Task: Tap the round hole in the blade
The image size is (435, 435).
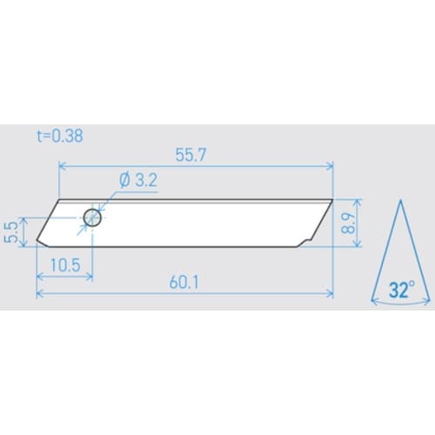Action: [92, 218]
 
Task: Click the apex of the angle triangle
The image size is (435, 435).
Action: [400, 201]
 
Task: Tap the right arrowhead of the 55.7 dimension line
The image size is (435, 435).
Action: [331, 164]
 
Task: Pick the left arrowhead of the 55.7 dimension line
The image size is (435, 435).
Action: [61, 164]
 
